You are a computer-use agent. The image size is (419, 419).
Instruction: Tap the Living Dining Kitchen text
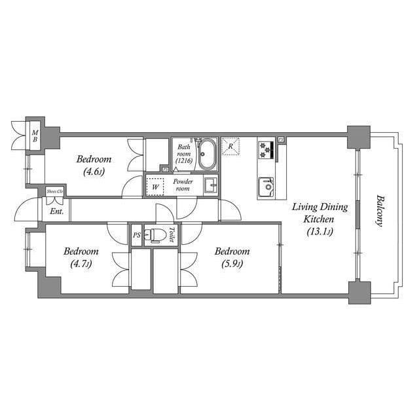[x=319, y=213]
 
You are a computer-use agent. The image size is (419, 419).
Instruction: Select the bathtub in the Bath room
[x=207, y=155]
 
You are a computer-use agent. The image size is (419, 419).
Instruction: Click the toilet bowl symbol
[x=155, y=236]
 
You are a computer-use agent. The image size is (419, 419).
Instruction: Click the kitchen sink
[x=266, y=187]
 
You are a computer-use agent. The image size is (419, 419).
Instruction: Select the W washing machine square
[x=155, y=186]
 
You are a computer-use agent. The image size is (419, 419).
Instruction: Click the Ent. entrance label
[x=56, y=211]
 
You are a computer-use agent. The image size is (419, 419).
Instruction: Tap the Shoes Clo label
[x=55, y=192]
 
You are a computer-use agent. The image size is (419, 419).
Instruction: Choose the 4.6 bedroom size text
[x=94, y=172]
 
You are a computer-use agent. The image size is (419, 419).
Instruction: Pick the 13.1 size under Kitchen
[x=319, y=231]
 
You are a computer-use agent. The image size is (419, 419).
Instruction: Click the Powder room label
[x=183, y=185]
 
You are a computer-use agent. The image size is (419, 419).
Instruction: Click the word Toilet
[x=172, y=235]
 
